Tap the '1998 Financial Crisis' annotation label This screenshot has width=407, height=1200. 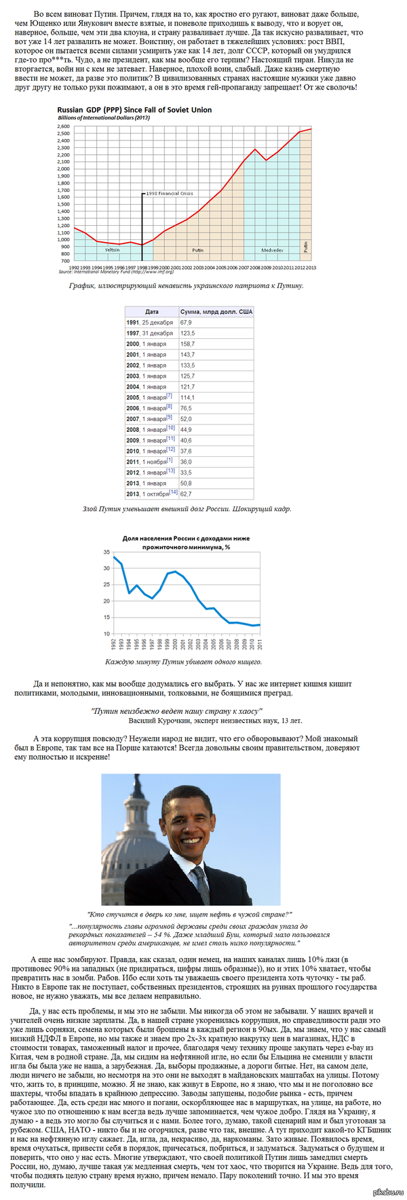pos(167,193)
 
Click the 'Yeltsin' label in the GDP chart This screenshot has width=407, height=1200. pos(112,250)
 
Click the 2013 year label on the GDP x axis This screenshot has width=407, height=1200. pos(311,268)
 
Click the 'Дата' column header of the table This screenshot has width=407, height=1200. pos(152,311)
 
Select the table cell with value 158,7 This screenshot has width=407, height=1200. pos(187,344)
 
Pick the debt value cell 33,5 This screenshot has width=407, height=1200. pos(186,473)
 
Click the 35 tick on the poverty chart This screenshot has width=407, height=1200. pos(106,552)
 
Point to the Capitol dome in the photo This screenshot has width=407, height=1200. pos(130,862)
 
